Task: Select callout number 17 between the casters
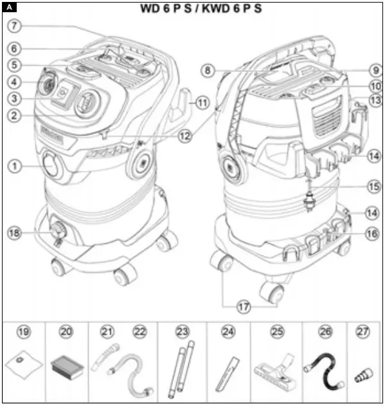pyautogui.click(x=243, y=308)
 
